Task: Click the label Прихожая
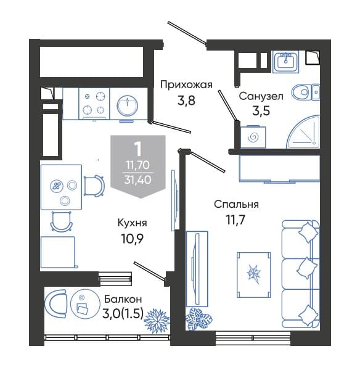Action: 186,84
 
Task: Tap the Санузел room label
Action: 261,96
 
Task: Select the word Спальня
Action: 236,204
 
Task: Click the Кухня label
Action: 132,223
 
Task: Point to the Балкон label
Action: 123,299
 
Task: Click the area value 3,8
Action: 186,101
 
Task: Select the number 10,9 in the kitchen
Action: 133,239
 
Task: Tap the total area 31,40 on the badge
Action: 137,180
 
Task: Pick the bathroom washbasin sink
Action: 286,61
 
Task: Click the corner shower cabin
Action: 305,132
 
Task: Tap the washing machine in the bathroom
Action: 253,137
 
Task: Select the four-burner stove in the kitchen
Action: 94,104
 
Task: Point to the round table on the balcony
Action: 83,303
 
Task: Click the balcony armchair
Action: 56,303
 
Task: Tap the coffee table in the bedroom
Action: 253,275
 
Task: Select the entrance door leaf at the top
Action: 187,33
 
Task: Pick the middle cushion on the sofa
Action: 306,268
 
